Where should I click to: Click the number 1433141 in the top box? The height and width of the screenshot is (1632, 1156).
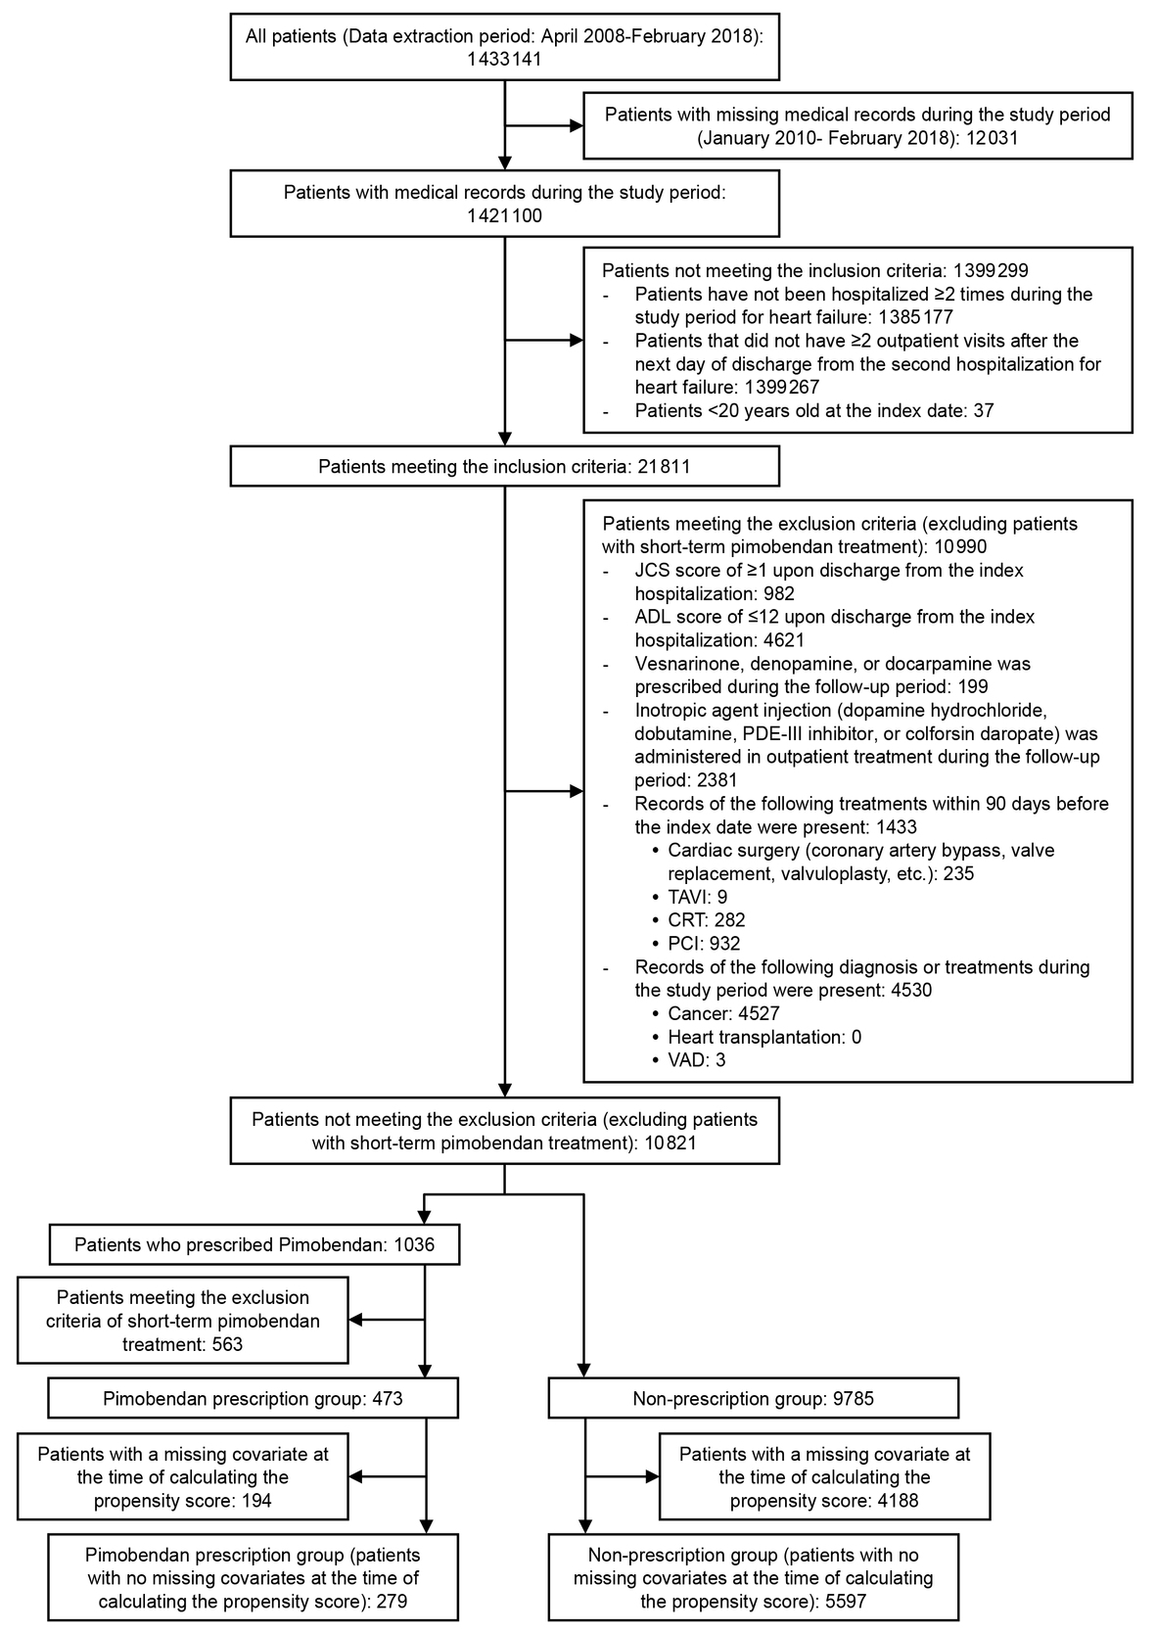504,59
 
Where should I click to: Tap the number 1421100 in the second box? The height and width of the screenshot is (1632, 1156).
504,215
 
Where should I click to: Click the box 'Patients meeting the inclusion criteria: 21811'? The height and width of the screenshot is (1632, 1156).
504,466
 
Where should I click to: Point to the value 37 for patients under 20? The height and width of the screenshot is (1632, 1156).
983,411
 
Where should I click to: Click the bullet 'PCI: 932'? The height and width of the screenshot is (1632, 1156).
704,944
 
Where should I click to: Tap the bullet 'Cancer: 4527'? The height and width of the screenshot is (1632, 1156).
723,1013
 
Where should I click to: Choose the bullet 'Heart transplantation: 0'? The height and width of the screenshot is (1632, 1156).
763,1037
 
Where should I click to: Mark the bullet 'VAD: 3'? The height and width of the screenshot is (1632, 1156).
696,1060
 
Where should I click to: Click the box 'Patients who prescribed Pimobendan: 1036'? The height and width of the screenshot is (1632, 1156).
254,1245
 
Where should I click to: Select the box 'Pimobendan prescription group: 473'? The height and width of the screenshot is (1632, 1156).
253,1399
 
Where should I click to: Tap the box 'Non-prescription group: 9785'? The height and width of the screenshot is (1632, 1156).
753,1399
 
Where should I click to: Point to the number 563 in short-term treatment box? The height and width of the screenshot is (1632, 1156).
224,1344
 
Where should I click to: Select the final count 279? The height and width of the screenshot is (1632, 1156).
387,1602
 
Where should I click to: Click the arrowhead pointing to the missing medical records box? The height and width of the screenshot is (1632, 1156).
577,125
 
